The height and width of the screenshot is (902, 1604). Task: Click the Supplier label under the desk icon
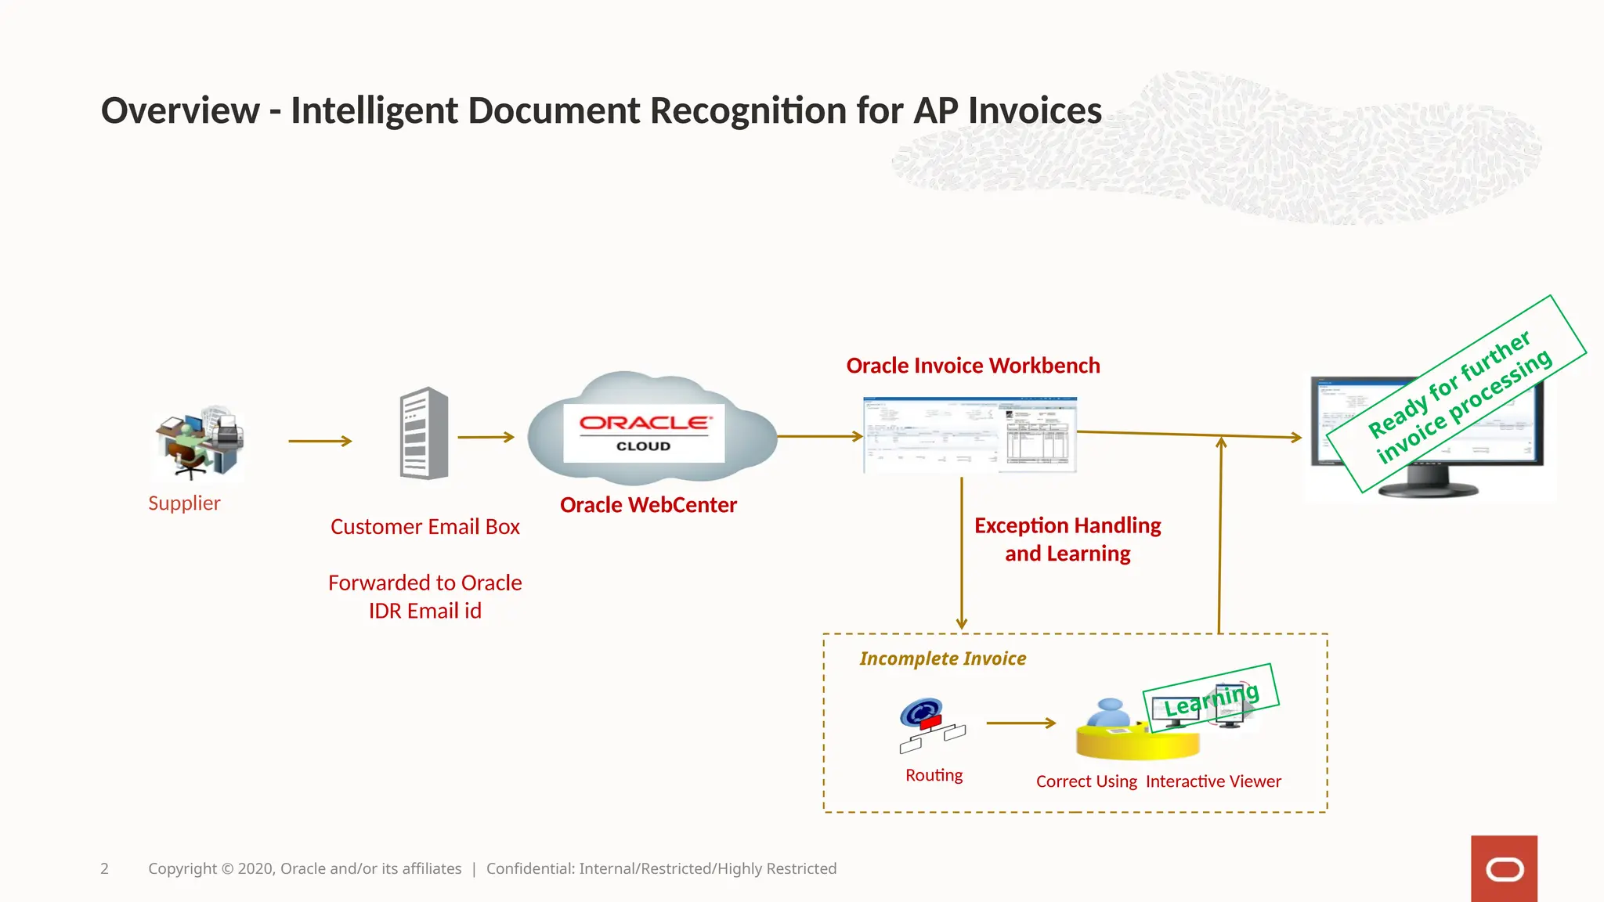[184, 503]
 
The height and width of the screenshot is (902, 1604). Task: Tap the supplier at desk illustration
[199, 443]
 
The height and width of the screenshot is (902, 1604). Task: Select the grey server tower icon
[424, 433]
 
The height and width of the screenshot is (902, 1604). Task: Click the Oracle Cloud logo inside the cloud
[644, 431]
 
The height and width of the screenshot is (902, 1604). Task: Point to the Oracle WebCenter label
[648, 505]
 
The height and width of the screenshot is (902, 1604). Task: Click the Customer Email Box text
[424, 527]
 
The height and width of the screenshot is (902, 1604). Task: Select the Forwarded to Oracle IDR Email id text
[424, 597]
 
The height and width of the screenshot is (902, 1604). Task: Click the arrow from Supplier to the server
[320, 441]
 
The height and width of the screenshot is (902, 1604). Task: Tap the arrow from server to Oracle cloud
[486, 437]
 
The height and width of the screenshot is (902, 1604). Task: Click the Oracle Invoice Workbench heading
[973, 366]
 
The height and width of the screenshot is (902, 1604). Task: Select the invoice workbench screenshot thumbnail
[970, 435]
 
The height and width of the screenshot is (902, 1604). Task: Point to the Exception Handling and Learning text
[1068, 539]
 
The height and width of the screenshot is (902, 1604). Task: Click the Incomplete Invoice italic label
[942, 658]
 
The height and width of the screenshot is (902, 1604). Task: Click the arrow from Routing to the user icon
[1021, 723]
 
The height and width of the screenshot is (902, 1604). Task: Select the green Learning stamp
[1211, 698]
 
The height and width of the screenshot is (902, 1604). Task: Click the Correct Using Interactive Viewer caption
[1158, 781]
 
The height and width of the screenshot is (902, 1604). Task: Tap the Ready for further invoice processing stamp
[1457, 394]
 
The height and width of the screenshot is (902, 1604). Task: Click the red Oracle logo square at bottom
[1503, 868]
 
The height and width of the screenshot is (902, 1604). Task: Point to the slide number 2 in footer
[104, 868]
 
